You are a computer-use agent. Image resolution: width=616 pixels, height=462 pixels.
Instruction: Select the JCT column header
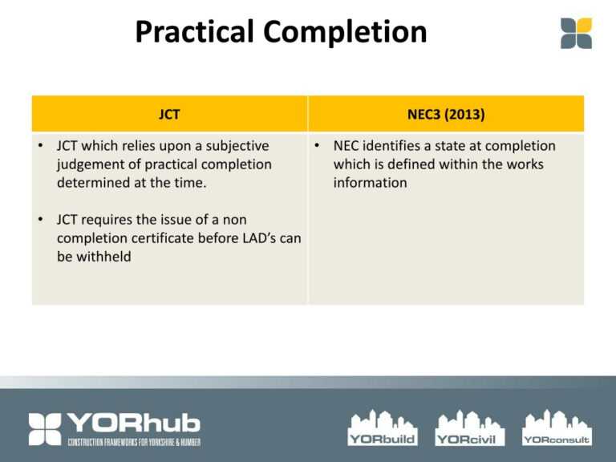click(x=169, y=114)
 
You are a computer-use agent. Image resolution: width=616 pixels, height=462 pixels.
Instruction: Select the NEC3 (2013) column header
click(x=446, y=114)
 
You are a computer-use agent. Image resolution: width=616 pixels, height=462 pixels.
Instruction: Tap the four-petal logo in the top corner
click(x=576, y=33)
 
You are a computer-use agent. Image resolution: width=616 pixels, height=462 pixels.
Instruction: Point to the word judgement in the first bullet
click(x=92, y=164)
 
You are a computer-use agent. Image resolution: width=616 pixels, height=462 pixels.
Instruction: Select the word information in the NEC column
click(x=371, y=183)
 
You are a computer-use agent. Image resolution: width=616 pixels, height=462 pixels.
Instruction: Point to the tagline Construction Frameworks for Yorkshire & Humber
click(x=134, y=443)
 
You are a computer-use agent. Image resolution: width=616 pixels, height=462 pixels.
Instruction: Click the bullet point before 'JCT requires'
click(x=40, y=219)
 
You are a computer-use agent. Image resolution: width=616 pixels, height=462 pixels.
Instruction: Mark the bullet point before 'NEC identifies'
click(x=318, y=146)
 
